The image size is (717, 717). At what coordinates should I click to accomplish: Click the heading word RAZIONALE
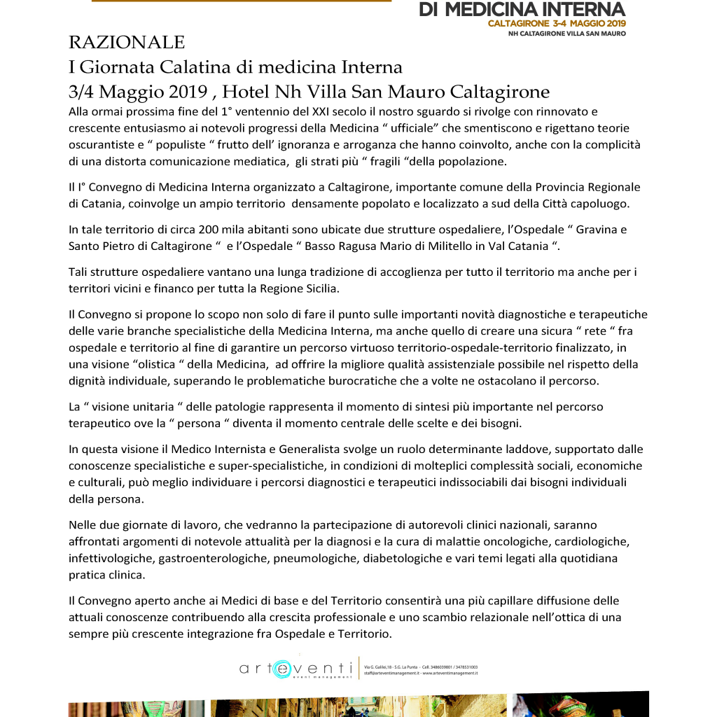pos(127,43)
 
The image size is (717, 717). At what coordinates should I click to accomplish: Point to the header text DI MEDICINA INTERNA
pos(522,9)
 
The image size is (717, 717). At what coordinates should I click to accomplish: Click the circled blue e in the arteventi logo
pos(283,669)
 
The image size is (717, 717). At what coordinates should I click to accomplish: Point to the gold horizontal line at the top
pos(241,1)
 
